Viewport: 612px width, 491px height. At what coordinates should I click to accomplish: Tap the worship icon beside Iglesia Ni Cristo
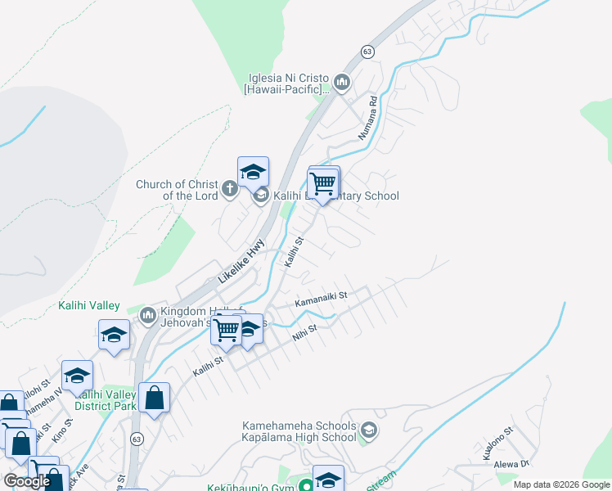pos(341,82)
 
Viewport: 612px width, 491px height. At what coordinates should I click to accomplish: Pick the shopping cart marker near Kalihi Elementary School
pos(324,183)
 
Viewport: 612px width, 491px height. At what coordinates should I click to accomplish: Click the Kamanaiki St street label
pos(322,300)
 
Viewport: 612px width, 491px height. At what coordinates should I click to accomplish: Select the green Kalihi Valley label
pos(88,305)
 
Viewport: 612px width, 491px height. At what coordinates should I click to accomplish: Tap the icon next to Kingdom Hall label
pos(148,315)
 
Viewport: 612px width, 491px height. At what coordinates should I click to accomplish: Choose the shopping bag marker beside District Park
pos(154,399)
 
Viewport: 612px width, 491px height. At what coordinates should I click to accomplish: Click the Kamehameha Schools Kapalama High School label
pos(299,431)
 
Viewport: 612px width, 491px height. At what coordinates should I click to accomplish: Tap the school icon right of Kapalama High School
pos(369,430)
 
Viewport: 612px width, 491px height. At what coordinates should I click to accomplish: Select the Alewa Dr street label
pos(511,464)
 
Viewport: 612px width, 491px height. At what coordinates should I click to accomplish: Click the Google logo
pos(27,481)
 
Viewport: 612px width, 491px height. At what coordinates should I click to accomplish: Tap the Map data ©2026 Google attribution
pos(561,484)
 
